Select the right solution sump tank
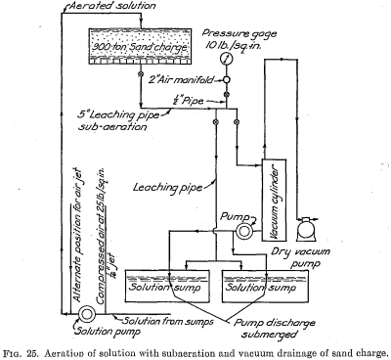tap(255, 285)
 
